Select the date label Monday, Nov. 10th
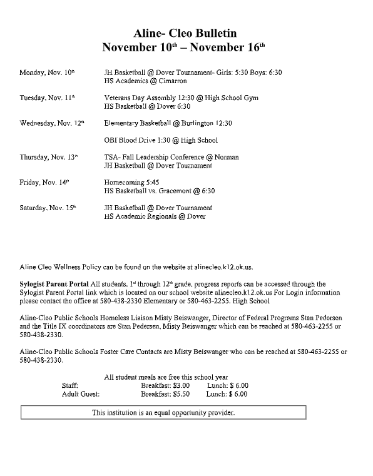point(48,73)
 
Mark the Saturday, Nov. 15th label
point(48,208)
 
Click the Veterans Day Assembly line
point(181,98)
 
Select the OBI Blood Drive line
point(161,140)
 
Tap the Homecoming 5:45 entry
point(129,183)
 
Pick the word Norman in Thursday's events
point(227,157)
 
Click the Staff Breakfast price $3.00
point(181,386)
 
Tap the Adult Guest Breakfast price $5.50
point(181,395)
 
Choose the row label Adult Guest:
point(81,395)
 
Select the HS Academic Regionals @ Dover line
point(155,216)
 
